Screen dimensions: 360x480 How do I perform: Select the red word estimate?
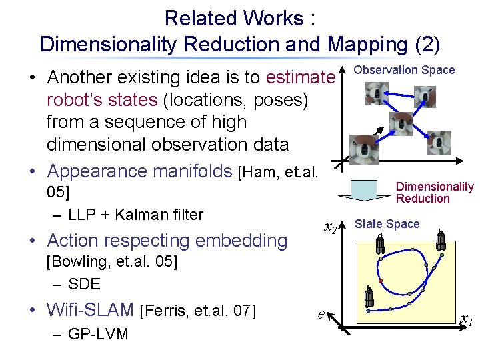coord(299,77)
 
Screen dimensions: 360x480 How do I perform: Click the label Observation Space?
coord(404,70)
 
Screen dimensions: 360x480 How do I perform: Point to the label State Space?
coord(387,224)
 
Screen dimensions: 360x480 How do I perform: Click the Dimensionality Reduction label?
coord(434,193)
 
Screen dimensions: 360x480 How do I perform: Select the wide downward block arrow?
coord(365,192)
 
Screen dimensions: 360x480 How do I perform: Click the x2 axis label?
coord(329,228)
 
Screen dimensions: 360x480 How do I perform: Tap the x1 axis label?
coord(466,322)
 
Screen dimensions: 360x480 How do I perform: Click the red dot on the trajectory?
coord(381,281)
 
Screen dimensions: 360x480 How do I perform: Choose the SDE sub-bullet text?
coord(84,283)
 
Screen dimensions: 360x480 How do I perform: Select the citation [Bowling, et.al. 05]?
coord(111,261)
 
